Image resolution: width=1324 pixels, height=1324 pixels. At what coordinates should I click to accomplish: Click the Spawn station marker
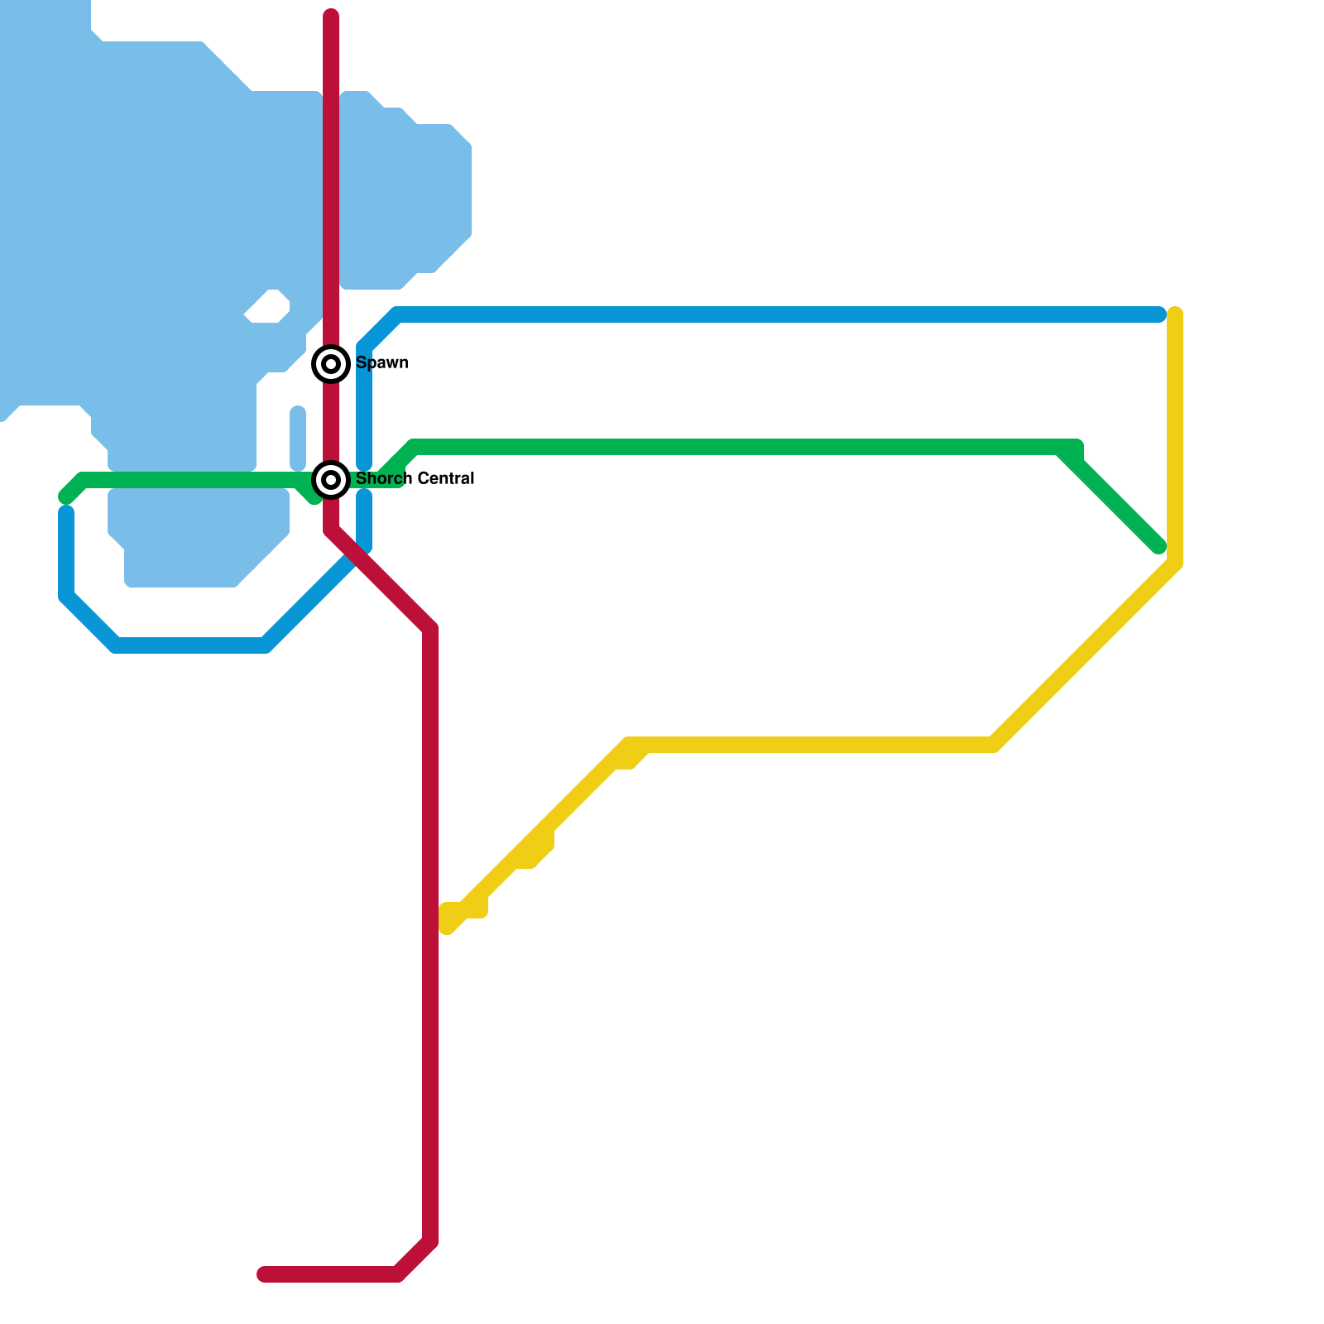point(331,363)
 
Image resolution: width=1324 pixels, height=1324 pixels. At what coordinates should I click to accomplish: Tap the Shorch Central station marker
point(331,479)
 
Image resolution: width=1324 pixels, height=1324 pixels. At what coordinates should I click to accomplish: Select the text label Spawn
point(381,362)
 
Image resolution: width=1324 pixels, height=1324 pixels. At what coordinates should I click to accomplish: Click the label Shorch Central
point(415,478)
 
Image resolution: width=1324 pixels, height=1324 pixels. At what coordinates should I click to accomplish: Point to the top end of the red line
point(331,15)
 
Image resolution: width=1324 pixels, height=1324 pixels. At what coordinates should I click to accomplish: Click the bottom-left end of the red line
point(264,1274)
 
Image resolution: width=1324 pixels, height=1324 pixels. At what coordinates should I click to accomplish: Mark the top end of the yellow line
point(1175,314)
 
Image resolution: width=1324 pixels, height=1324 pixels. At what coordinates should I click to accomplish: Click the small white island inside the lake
point(268,308)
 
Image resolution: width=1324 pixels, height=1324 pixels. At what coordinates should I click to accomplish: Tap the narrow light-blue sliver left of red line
point(298,438)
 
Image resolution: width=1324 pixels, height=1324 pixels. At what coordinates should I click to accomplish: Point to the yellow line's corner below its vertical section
point(1174,565)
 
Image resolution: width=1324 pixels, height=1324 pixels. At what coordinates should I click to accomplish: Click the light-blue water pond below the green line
point(199,538)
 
